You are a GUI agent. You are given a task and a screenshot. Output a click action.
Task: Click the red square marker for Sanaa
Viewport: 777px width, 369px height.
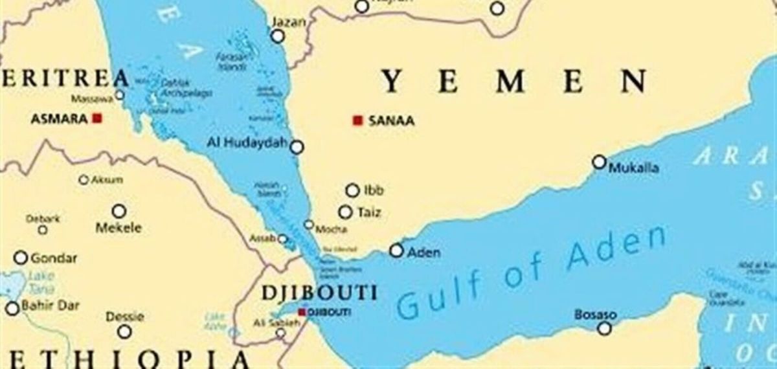[357, 120]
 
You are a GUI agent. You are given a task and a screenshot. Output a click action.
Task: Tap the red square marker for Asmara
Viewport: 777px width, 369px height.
[97, 118]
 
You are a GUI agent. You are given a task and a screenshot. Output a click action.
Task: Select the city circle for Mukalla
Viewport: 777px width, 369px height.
[600, 162]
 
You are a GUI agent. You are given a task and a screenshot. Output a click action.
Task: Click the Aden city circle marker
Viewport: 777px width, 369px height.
[396, 251]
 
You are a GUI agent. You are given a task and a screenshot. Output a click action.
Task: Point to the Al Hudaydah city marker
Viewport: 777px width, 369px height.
[297, 147]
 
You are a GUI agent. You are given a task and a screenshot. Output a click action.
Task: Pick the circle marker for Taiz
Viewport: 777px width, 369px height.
[346, 212]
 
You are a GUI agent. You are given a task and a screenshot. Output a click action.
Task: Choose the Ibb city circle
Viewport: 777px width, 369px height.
[352, 190]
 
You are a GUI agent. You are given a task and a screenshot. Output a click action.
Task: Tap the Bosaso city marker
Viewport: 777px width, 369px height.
[604, 328]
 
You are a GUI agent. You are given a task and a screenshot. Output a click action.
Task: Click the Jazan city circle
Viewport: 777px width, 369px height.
[278, 36]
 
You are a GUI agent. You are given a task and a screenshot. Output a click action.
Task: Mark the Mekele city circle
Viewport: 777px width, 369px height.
[119, 211]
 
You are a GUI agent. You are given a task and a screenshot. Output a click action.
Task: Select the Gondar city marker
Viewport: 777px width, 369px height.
[21, 258]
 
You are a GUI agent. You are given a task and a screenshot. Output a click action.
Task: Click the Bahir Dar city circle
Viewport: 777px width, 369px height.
[12, 308]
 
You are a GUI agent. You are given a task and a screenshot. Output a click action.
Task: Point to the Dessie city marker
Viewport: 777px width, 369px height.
[124, 331]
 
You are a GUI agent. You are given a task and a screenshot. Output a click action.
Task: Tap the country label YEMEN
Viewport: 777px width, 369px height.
[514, 82]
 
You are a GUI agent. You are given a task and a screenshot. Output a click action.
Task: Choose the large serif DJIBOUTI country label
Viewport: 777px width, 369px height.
[319, 293]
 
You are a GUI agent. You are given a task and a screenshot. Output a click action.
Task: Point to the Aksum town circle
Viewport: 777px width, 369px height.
[84, 180]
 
